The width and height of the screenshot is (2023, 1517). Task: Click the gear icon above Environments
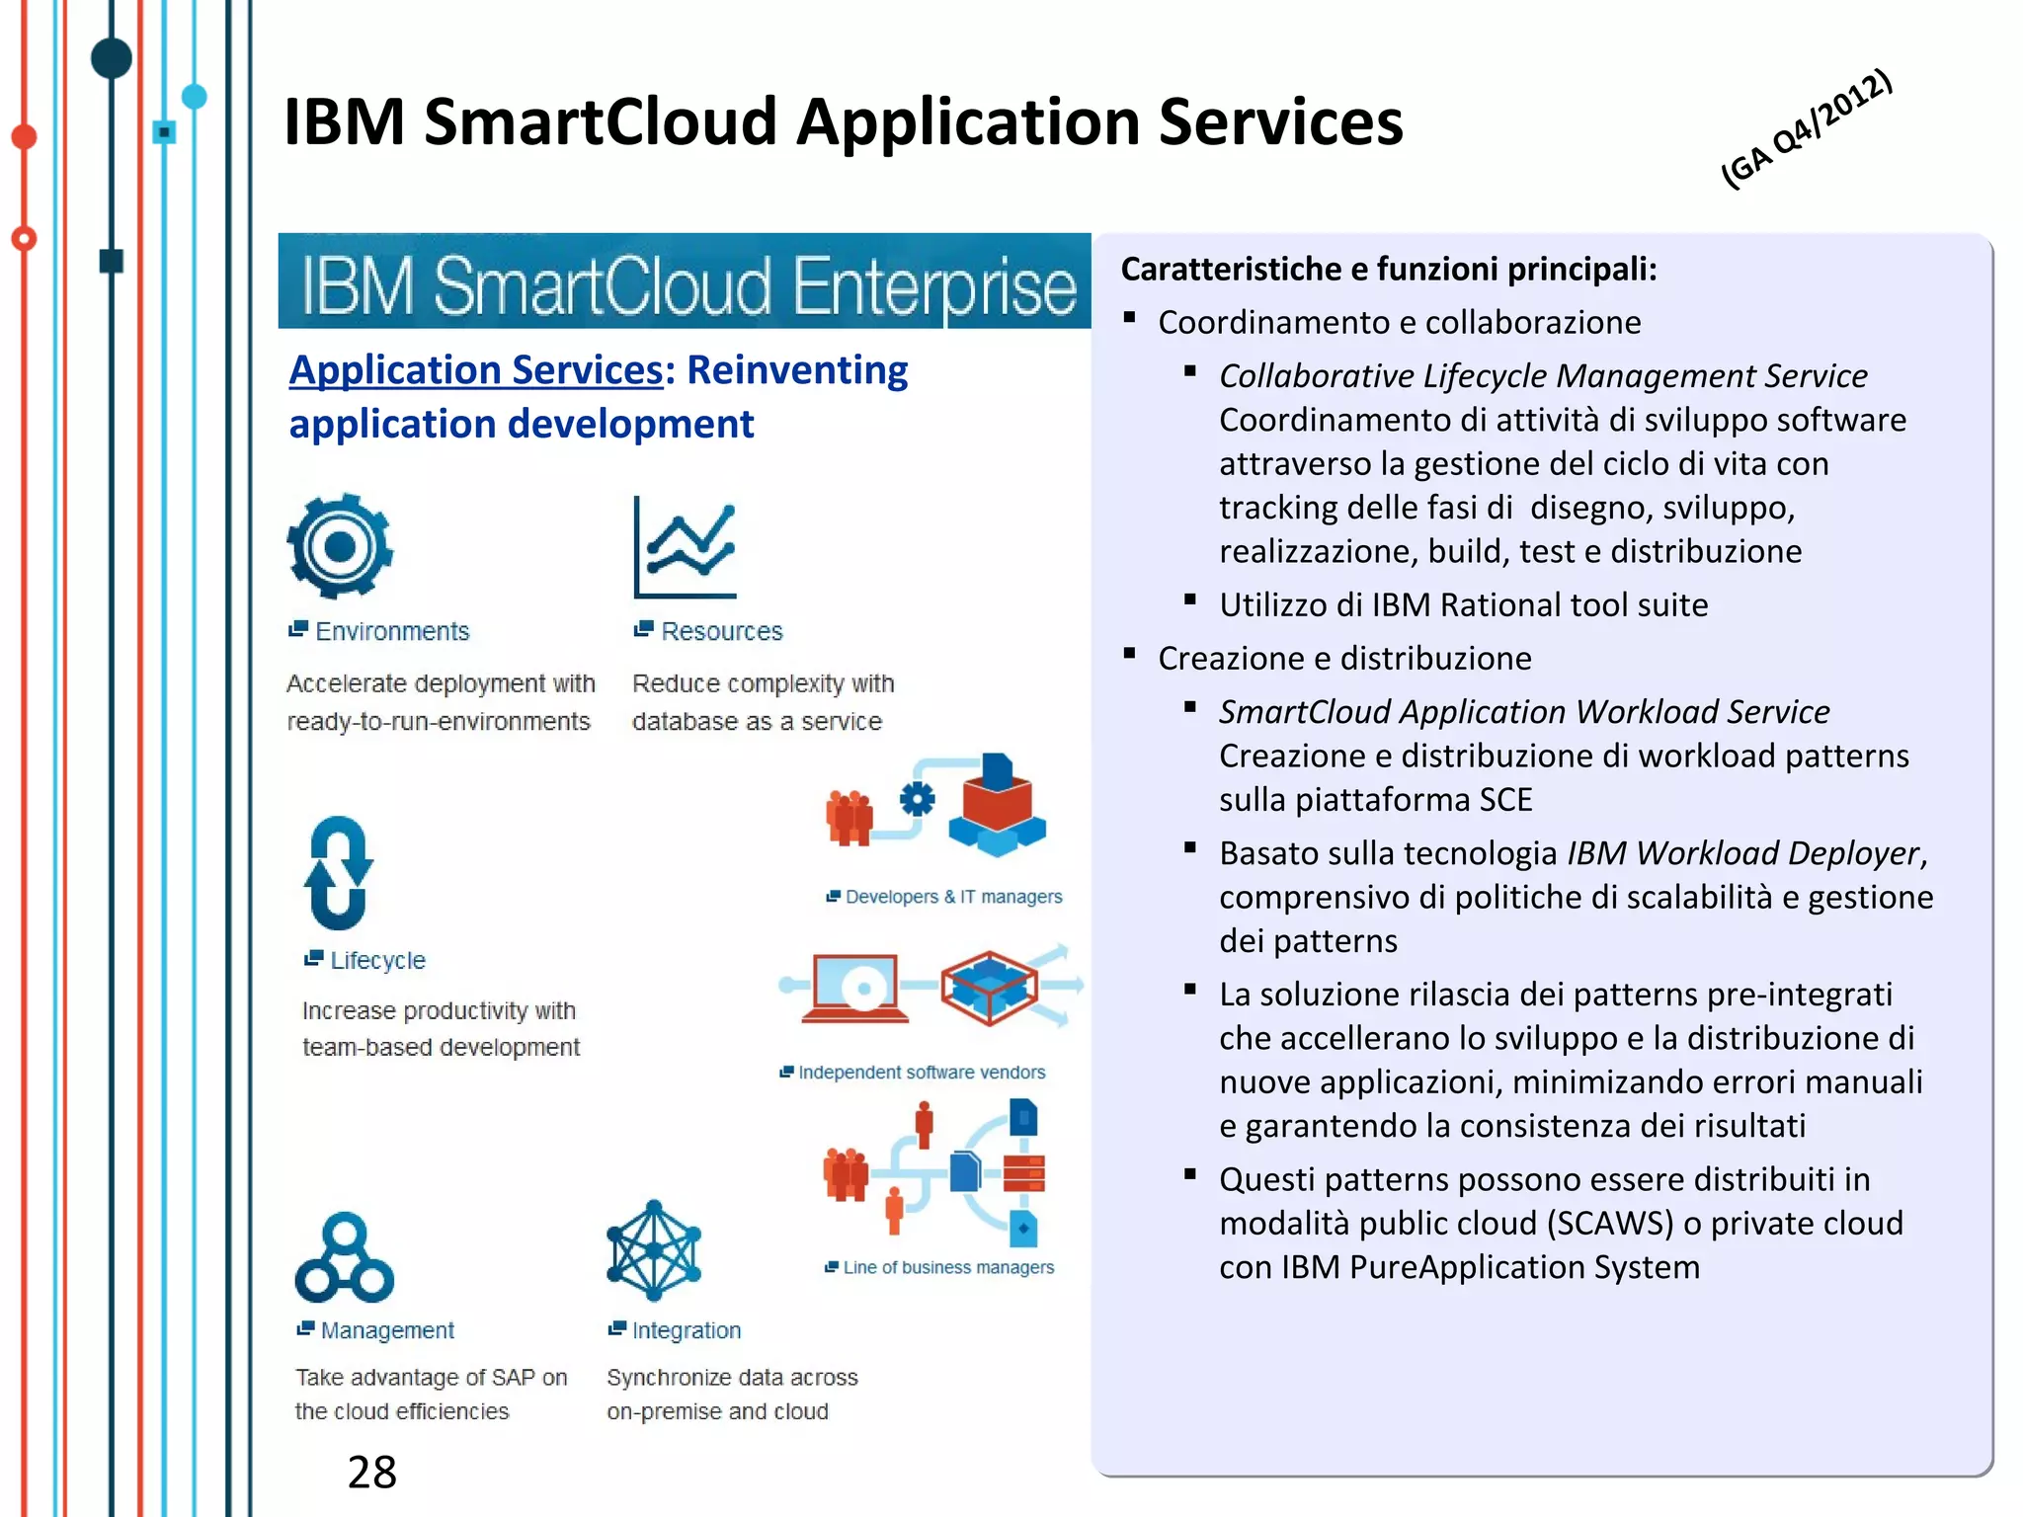[x=339, y=546]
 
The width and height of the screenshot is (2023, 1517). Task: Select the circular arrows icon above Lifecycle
[x=338, y=873]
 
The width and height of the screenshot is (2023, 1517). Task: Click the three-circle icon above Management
[x=344, y=1258]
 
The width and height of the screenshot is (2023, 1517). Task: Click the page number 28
[x=371, y=1472]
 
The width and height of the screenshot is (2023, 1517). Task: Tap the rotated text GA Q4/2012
[x=1806, y=128]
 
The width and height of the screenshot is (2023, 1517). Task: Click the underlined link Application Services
[x=475, y=370]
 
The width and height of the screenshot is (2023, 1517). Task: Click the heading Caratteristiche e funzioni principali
[x=1388, y=269]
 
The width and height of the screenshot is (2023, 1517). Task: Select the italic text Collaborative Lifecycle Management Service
[x=1542, y=376]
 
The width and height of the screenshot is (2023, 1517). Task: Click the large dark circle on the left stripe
[x=112, y=58]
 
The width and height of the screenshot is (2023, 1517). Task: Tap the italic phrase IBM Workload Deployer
[x=1742, y=853]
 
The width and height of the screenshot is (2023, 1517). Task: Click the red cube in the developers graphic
[x=996, y=806]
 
